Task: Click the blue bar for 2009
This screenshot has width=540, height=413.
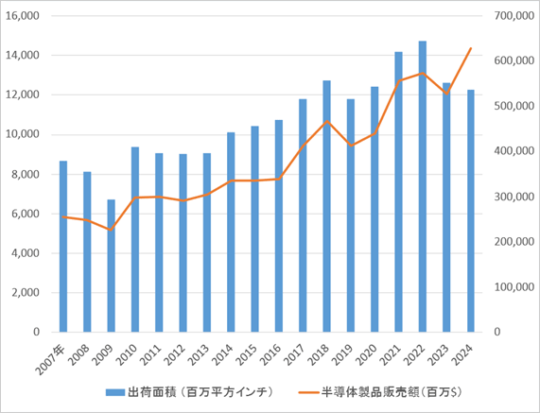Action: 111,266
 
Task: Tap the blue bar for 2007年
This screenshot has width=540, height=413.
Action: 63,246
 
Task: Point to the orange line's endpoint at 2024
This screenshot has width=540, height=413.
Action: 470,48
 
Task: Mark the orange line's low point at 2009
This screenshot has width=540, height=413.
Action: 111,230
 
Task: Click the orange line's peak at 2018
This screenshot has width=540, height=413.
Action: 326,121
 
